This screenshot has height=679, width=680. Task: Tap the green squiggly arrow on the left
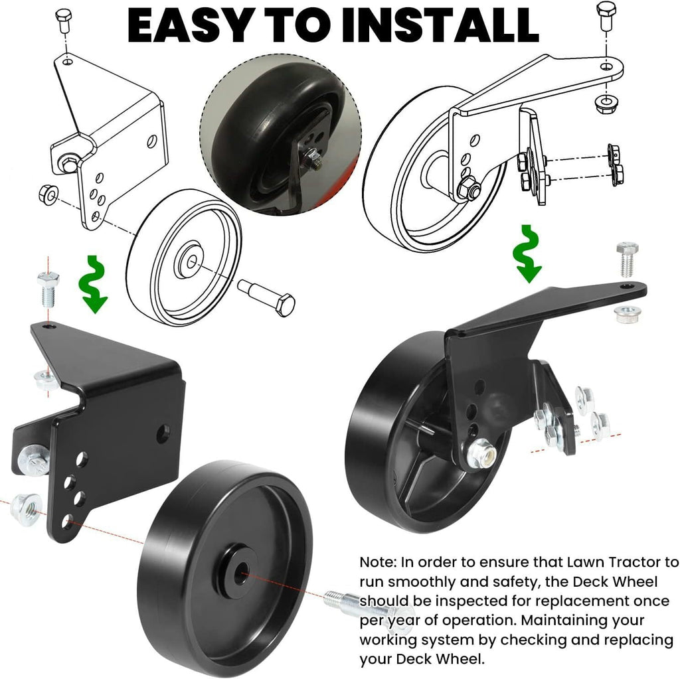(x=93, y=284)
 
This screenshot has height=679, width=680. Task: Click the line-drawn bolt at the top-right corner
(x=606, y=15)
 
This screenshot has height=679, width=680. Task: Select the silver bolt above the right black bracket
(x=627, y=259)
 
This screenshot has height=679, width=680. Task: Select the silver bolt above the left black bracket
(x=48, y=289)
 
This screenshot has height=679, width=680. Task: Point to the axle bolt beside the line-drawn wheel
(x=266, y=297)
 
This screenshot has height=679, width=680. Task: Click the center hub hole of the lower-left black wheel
(x=241, y=573)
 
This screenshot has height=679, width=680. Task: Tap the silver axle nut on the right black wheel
(x=481, y=453)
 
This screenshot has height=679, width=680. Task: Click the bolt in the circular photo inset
(x=314, y=158)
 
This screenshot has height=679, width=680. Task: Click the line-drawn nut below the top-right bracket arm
(x=605, y=103)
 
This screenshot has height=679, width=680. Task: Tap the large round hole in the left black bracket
(x=163, y=434)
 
